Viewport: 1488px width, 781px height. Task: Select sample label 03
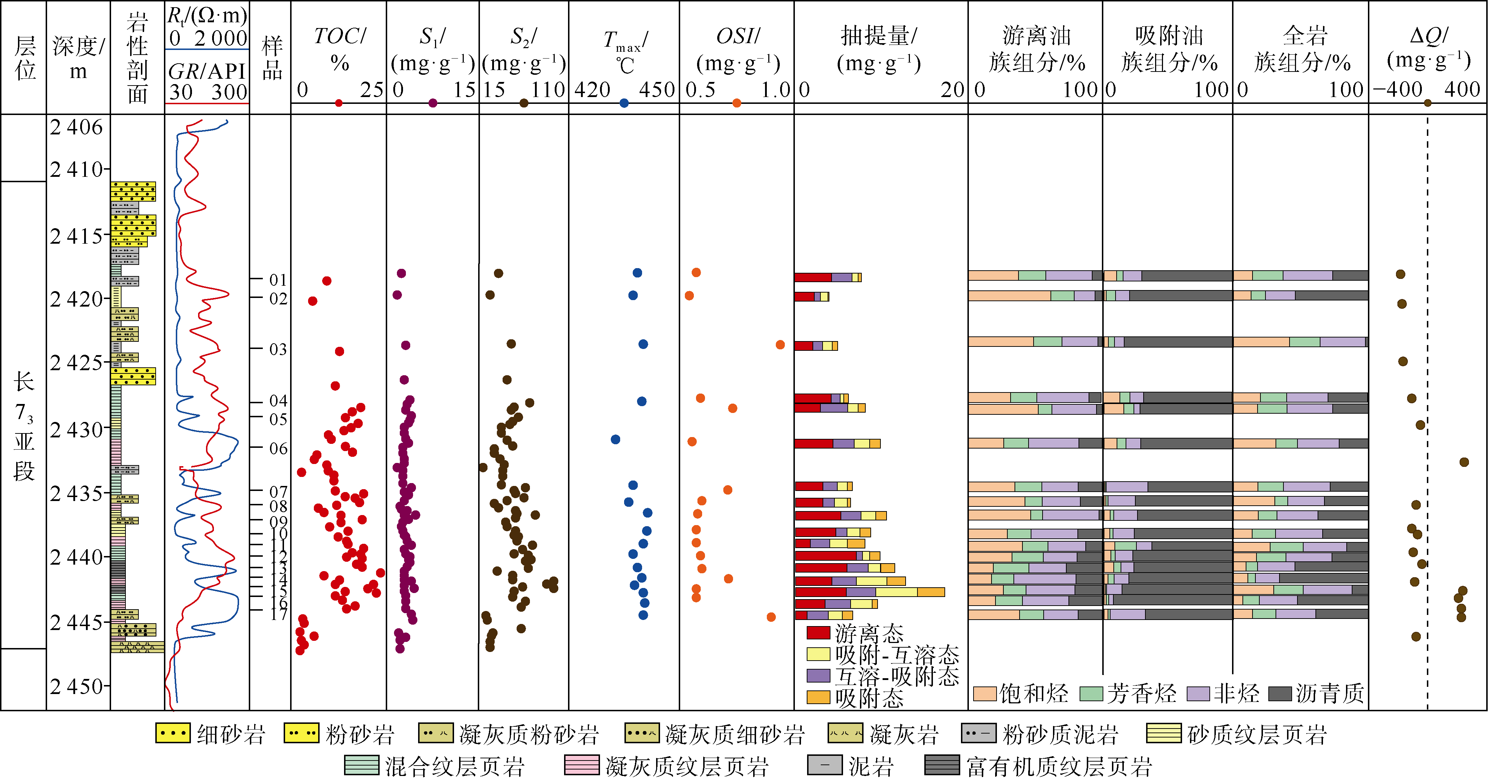pyautogui.click(x=278, y=349)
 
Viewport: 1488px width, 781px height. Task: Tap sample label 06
pyautogui.click(x=278, y=448)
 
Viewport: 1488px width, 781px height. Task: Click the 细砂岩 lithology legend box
pyautogui.click(x=173, y=734)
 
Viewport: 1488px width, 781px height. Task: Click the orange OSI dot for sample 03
pyautogui.click(x=780, y=345)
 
